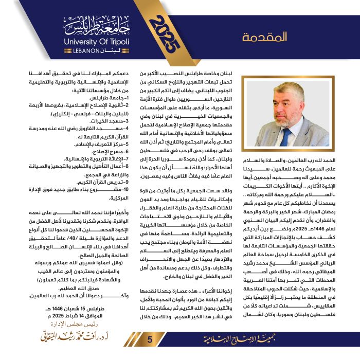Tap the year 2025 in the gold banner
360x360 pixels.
pyautogui.click(x=166, y=32)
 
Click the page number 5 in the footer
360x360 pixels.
pyautogui.click(x=150, y=340)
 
